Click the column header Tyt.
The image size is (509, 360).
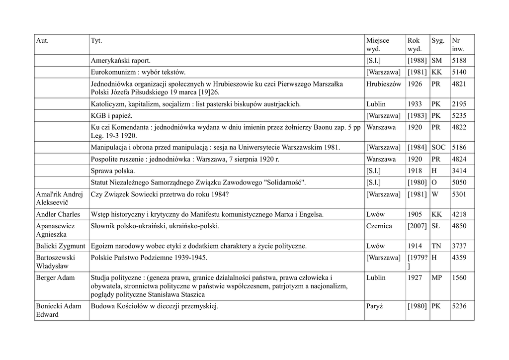point(96,40)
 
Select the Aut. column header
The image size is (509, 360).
point(42,40)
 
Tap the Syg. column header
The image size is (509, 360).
point(438,40)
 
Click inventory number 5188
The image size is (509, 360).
point(459,61)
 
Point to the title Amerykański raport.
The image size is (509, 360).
point(120,61)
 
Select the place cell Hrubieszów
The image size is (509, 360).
point(383,84)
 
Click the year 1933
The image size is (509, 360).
point(415,104)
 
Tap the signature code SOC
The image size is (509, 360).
point(439,147)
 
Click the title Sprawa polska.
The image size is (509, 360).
point(113,171)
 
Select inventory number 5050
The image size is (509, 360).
point(459,182)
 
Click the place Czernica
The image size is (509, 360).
point(379,226)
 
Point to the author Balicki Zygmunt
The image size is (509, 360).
point(61,246)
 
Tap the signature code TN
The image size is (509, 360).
point(436,246)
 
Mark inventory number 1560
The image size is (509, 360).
point(459,277)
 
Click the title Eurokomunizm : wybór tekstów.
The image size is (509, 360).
point(138,72)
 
